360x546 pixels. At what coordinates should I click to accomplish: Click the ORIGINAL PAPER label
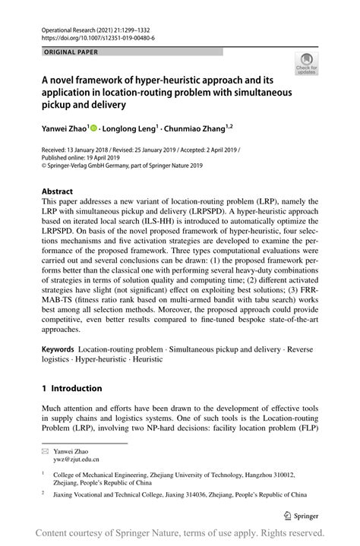pos(70,52)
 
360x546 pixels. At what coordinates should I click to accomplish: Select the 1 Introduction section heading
pos(71,389)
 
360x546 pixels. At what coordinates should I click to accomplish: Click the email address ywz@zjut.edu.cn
pos(78,459)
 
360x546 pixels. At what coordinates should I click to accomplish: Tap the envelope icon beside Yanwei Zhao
pos(46,450)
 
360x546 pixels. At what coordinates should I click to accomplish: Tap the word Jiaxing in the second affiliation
pos(69,494)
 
